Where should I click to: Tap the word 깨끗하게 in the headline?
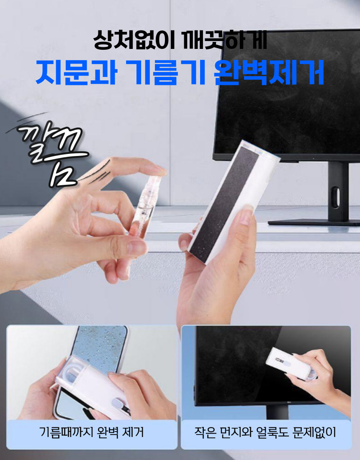pos(225,40)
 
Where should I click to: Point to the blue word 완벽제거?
pos(269,73)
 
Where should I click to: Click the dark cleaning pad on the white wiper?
pos(225,202)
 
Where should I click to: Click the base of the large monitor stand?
pos(314,222)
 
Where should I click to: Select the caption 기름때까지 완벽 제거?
pos(92,432)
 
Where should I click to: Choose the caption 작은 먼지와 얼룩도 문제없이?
pos(265,432)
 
